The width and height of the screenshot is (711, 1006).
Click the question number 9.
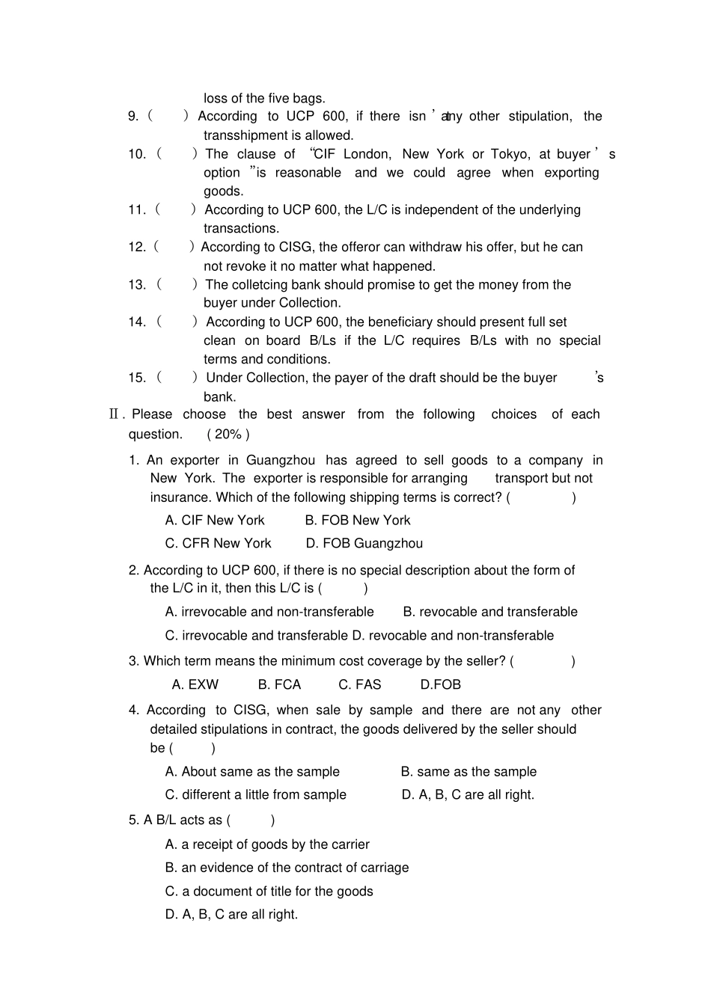(133, 116)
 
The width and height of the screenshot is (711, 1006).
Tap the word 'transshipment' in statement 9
(244, 135)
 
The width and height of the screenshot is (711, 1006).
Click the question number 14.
(137, 322)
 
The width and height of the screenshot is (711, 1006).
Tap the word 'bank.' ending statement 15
(219, 396)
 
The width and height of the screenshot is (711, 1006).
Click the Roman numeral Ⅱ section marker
(115, 414)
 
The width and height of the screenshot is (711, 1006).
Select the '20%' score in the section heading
(228, 434)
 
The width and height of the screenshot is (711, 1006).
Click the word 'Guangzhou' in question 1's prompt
(281, 460)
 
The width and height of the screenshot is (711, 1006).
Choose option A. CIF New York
(215, 520)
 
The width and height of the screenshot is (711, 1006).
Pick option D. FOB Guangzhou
(364, 543)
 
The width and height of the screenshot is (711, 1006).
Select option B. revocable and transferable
(490, 612)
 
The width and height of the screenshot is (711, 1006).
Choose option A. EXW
(195, 684)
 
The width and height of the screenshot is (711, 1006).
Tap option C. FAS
(359, 684)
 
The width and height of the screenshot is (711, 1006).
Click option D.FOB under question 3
(440, 684)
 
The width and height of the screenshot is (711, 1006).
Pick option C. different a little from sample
(255, 794)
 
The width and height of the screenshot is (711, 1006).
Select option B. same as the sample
(469, 771)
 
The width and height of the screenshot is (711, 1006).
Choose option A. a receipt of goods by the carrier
(267, 844)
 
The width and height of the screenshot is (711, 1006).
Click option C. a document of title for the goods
(269, 891)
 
